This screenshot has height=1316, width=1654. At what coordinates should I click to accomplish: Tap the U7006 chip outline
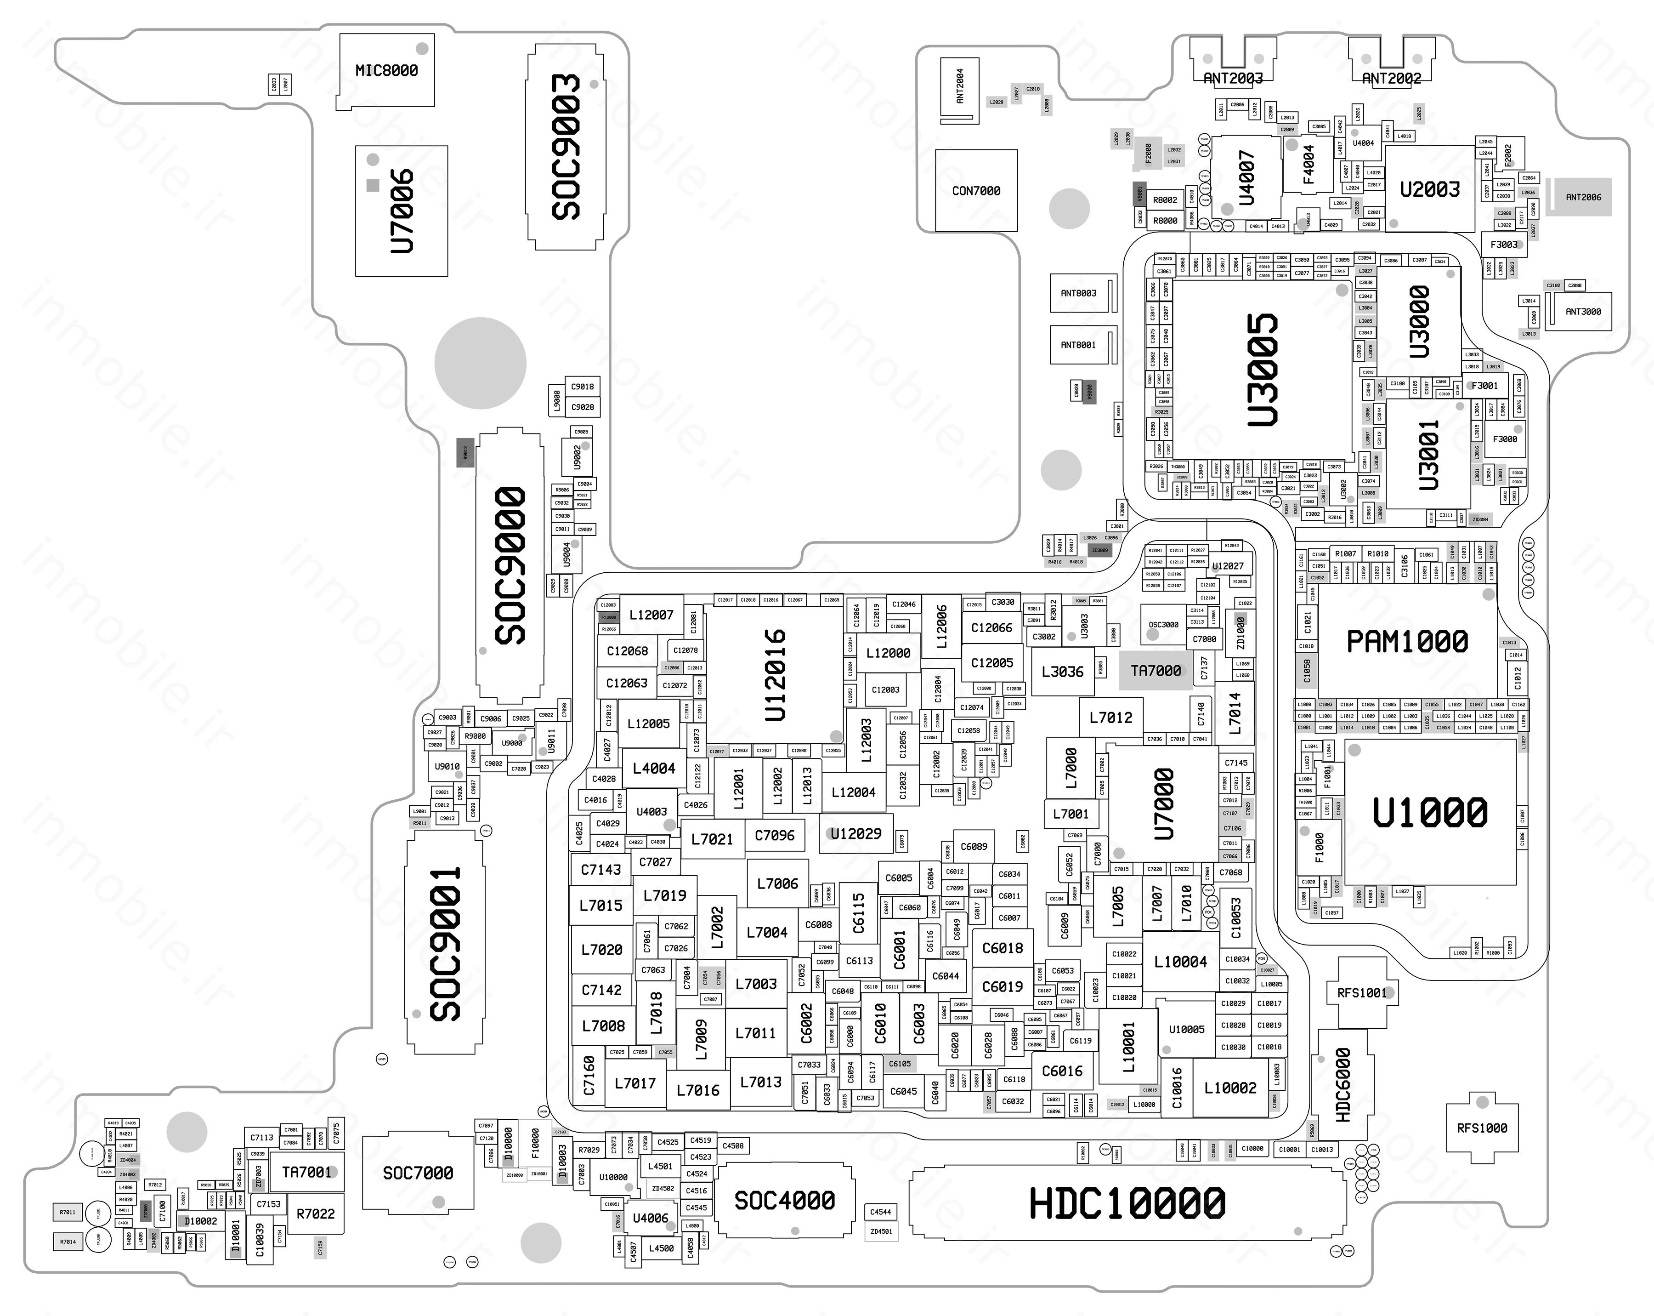tap(401, 211)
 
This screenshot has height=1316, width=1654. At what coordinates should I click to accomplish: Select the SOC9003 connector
tap(566, 146)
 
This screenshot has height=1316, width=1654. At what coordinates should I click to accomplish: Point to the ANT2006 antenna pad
tap(1583, 197)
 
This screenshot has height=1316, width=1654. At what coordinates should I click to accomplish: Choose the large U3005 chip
tap(1262, 368)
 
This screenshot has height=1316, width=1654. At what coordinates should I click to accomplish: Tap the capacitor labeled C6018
tap(1003, 948)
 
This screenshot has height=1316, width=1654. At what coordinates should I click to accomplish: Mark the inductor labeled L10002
tap(1230, 1088)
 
